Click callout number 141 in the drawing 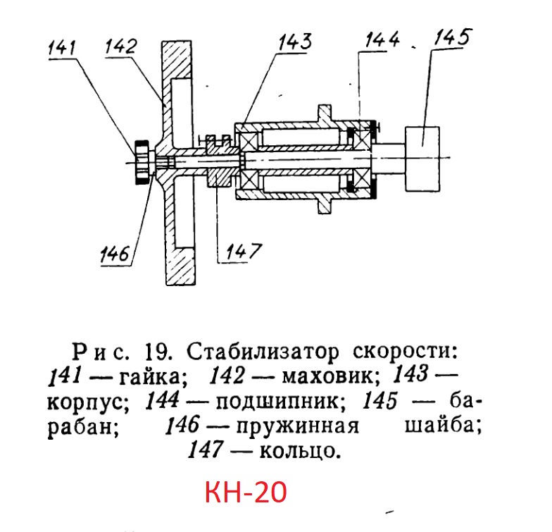(62, 48)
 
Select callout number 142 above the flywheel (121, 47)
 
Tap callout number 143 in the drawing (295, 42)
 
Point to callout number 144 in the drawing (382, 39)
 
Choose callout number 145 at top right (452, 37)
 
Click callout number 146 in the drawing (115, 254)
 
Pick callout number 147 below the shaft (244, 251)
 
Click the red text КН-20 (246, 492)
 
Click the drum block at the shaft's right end (422, 159)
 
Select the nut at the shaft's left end (142, 162)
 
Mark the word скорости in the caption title (406, 351)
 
